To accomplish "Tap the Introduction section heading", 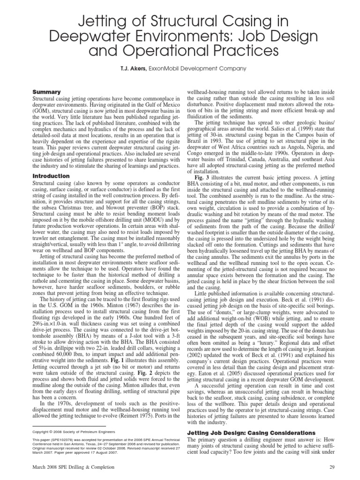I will [x=51, y=176].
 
